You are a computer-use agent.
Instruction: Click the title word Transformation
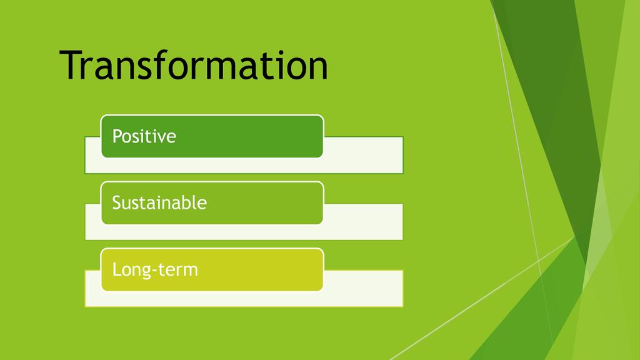(x=194, y=65)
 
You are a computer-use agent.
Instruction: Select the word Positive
(x=144, y=136)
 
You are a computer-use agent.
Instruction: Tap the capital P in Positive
(x=117, y=136)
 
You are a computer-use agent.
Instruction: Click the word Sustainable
(x=159, y=202)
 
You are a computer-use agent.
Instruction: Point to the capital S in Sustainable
(x=117, y=203)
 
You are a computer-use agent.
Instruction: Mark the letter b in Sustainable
(x=187, y=202)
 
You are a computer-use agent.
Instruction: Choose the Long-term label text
(x=155, y=269)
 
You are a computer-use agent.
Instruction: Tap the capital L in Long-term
(x=117, y=269)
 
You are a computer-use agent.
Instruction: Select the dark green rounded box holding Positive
(x=212, y=136)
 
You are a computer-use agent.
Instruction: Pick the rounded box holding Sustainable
(x=212, y=203)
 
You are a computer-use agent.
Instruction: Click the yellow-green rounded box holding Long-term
(x=212, y=269)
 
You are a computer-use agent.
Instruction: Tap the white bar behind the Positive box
(x=363, y=155)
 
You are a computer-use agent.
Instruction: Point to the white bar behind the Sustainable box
(x=363, y=222)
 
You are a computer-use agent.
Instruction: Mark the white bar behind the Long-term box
(x=363, y=288)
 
